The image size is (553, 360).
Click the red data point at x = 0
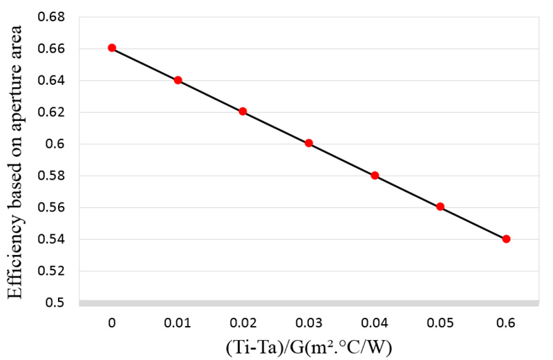tap(112, 48)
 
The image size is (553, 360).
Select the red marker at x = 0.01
tap(178, 80)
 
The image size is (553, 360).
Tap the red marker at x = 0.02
tap(243, 111)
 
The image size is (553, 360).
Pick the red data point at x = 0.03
tap(309, 143)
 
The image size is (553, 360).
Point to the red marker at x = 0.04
tap(375, 176)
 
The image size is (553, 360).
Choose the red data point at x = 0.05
tap(440, 207)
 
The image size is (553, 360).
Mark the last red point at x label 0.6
tap(506, 239)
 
